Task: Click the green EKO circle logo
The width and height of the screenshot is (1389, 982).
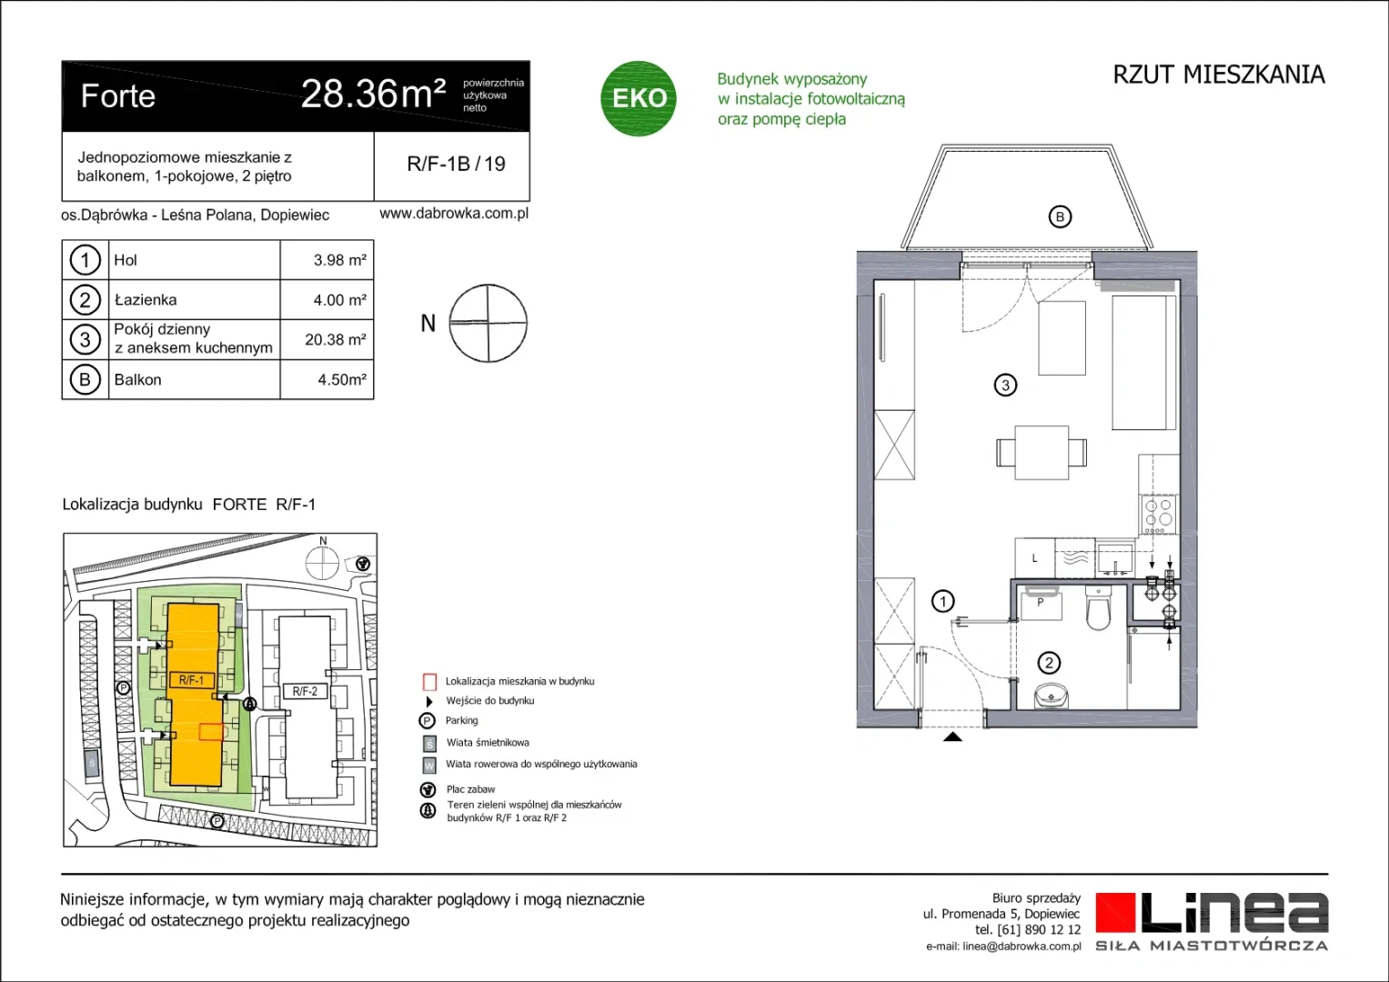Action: pyautogui.click(x=638, y=98)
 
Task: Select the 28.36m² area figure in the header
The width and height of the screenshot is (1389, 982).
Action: pyautogui.click(x=373, y=95)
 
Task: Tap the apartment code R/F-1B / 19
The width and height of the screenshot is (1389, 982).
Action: pyautogui.click(x=456, y=164)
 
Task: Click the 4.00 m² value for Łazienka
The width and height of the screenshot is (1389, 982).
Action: pyautogui.click(x=339, y=300)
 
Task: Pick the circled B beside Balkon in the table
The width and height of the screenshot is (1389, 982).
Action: pyautogui.click(x=85, y=379)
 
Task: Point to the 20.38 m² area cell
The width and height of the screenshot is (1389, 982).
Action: pyautogui.click(x=335, y=340)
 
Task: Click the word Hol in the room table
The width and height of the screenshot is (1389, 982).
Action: pyautogui.click(x=126, y=260)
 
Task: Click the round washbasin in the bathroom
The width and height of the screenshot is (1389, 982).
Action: pyautogui.click(x=1052, y=696)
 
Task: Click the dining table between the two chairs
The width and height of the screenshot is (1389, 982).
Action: pyautogui.click(x=1042, y=453)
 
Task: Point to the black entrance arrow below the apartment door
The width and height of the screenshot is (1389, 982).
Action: pyautogui.click(x=952, y=736)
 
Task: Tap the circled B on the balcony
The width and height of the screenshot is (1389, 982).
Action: pyautogui.click(x=1060, y=217)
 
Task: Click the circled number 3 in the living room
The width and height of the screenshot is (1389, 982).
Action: pyautogui.click(x=1005, y=386)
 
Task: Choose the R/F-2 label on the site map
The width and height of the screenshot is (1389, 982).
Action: pyautogui.click(x=305, y=691)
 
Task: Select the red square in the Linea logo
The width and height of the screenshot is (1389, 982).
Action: pyautogui.click(x=1115, y=913)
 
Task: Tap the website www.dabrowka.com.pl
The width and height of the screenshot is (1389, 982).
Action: pyautogui.click(x=454, y=214)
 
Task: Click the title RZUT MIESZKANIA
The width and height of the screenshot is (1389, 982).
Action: pyautogui.click(x=1219, y=75)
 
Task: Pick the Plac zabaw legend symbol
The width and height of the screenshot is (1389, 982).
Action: pyautogui.click(x=428, y=790)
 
